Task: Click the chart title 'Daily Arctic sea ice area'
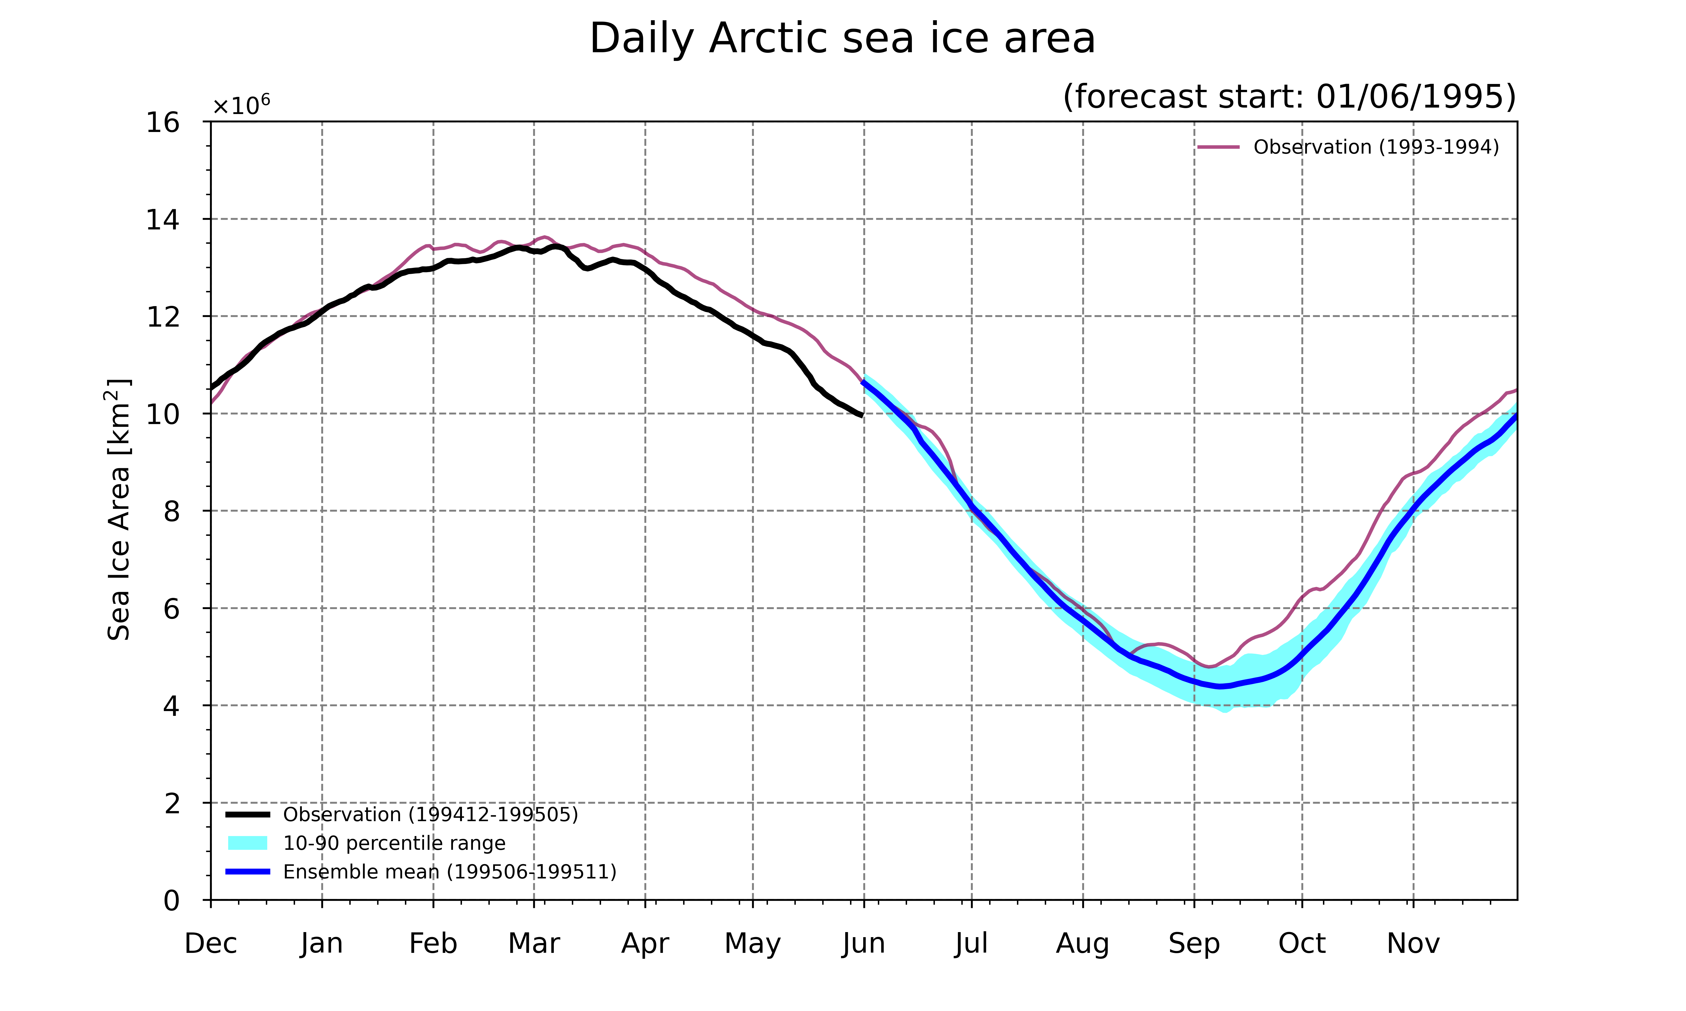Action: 842,39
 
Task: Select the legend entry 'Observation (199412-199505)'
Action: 402,815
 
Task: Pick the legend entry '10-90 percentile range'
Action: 366,843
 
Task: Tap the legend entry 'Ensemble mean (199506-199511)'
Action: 421,872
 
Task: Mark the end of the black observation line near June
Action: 863,415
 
